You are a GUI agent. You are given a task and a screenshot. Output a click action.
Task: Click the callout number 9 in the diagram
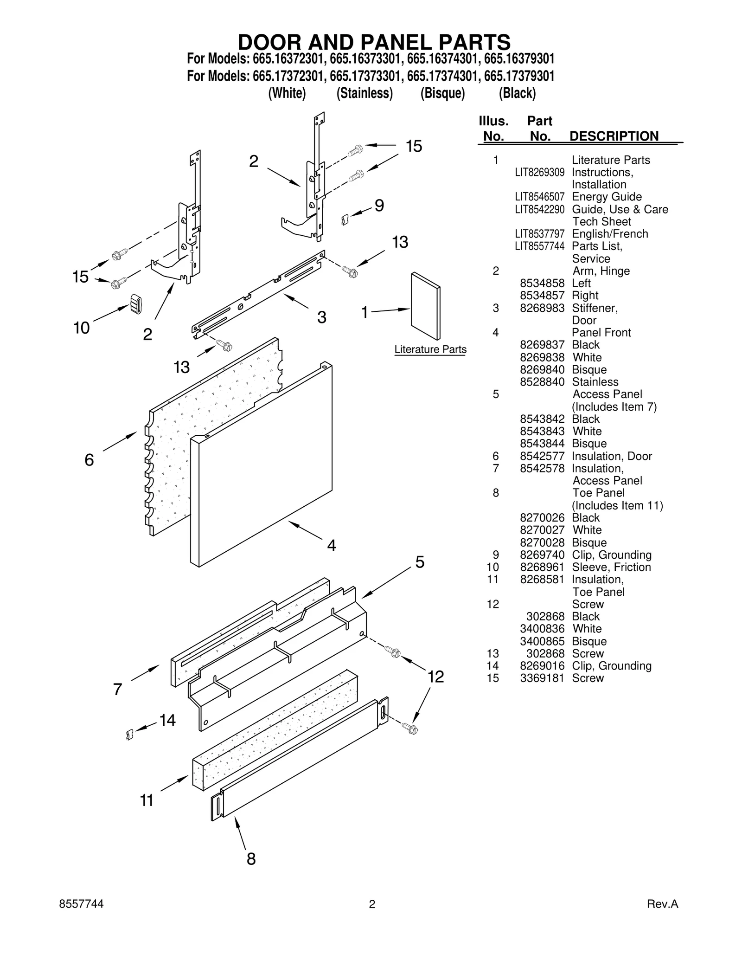click(x=379, y=206)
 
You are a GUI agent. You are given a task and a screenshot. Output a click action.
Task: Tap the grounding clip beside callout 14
click(x=130, y=734)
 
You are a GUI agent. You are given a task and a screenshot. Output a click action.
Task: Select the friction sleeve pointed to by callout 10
click(x=135, y=304)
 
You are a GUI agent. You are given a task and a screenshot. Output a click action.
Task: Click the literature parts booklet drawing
click(x=425, y=306)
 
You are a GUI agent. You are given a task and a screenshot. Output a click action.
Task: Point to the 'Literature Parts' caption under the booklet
click(x=430, y=349)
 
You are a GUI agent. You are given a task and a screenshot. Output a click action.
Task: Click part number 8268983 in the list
click(x=542, y=308)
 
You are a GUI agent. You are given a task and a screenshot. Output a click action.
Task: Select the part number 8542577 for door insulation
click(x=542, y=456)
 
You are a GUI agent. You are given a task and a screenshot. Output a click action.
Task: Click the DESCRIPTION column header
click(x=614, y=136)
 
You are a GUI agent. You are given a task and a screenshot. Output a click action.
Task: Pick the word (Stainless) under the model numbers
click(x=365, y=93)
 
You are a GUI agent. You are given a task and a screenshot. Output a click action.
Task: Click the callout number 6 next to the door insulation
click(x=89, y=460)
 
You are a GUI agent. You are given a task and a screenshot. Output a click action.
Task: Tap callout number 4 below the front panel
click(x=331, y=545)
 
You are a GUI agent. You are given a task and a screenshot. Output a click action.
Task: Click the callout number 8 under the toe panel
click(x=251, y=859)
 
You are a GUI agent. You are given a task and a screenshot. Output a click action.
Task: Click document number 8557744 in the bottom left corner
click(x=82, y=904)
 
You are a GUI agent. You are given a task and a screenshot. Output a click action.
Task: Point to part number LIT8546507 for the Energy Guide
click(x=539, y=197)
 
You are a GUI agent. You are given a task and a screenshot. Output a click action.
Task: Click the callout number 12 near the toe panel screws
click(x=435, y=677)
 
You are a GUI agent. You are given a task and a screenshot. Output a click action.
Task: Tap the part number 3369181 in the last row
click(x=542, y=678)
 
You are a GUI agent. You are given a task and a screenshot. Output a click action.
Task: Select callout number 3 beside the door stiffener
click(x=321, y=317)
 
